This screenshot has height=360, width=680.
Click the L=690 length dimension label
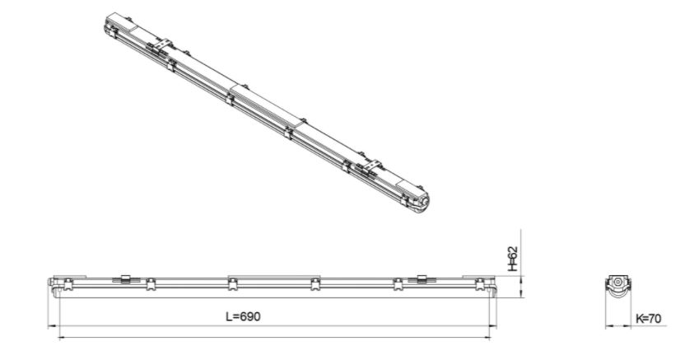[x=244, y=316]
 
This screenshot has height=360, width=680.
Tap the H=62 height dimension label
[x=513, y=259]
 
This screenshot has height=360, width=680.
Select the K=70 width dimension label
[x=649, y=319]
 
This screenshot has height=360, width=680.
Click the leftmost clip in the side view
[x=68, y=284]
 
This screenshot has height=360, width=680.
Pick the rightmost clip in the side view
[x=480, y=284]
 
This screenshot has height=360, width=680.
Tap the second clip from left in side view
[x=151, y=284]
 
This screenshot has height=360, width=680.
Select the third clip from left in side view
[x=233, y=284]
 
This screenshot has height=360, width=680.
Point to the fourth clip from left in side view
[x=315, y=284]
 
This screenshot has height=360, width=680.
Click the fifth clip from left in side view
[x=398, y=284]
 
